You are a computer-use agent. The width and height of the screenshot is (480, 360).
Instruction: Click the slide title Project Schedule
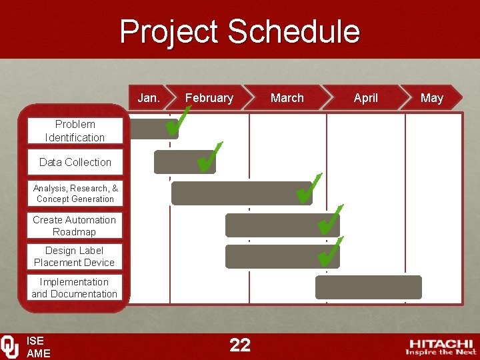tap(239, 31)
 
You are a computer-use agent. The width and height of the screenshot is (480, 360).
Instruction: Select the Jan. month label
tap(149, 98)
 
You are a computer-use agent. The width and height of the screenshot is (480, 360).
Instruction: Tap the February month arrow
tap(209, 98)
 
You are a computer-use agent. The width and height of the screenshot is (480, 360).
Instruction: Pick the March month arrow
tap(287, 98)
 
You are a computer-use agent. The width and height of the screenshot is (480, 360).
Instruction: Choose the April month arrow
tap(365, 98)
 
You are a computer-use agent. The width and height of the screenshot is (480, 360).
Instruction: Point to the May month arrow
tap(431, 98)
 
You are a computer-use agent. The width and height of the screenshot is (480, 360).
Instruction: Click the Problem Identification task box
tap(75, 131)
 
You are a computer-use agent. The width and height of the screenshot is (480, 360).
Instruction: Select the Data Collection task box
tap(75, 162)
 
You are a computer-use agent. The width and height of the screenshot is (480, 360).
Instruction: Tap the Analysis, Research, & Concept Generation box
tap(75, 193)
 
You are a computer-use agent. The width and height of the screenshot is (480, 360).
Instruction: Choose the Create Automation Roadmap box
tap(75, 226)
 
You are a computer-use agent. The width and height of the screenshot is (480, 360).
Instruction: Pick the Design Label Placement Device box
tap(75, 257)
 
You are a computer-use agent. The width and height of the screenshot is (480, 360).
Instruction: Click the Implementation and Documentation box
tap(75, 288)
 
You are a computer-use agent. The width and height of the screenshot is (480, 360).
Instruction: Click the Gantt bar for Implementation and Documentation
tap(368, 287)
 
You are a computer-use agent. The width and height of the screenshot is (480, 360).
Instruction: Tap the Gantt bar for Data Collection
tap(175, 162)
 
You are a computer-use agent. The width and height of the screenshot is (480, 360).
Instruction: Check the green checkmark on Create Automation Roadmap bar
tap(329, 220)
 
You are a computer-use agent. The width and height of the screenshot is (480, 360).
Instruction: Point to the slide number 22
tap(240, 345)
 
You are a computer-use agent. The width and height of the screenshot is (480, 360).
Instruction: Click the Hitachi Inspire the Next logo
tap(441, 346)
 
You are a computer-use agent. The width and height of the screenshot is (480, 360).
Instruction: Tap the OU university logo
tap(10, 346)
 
